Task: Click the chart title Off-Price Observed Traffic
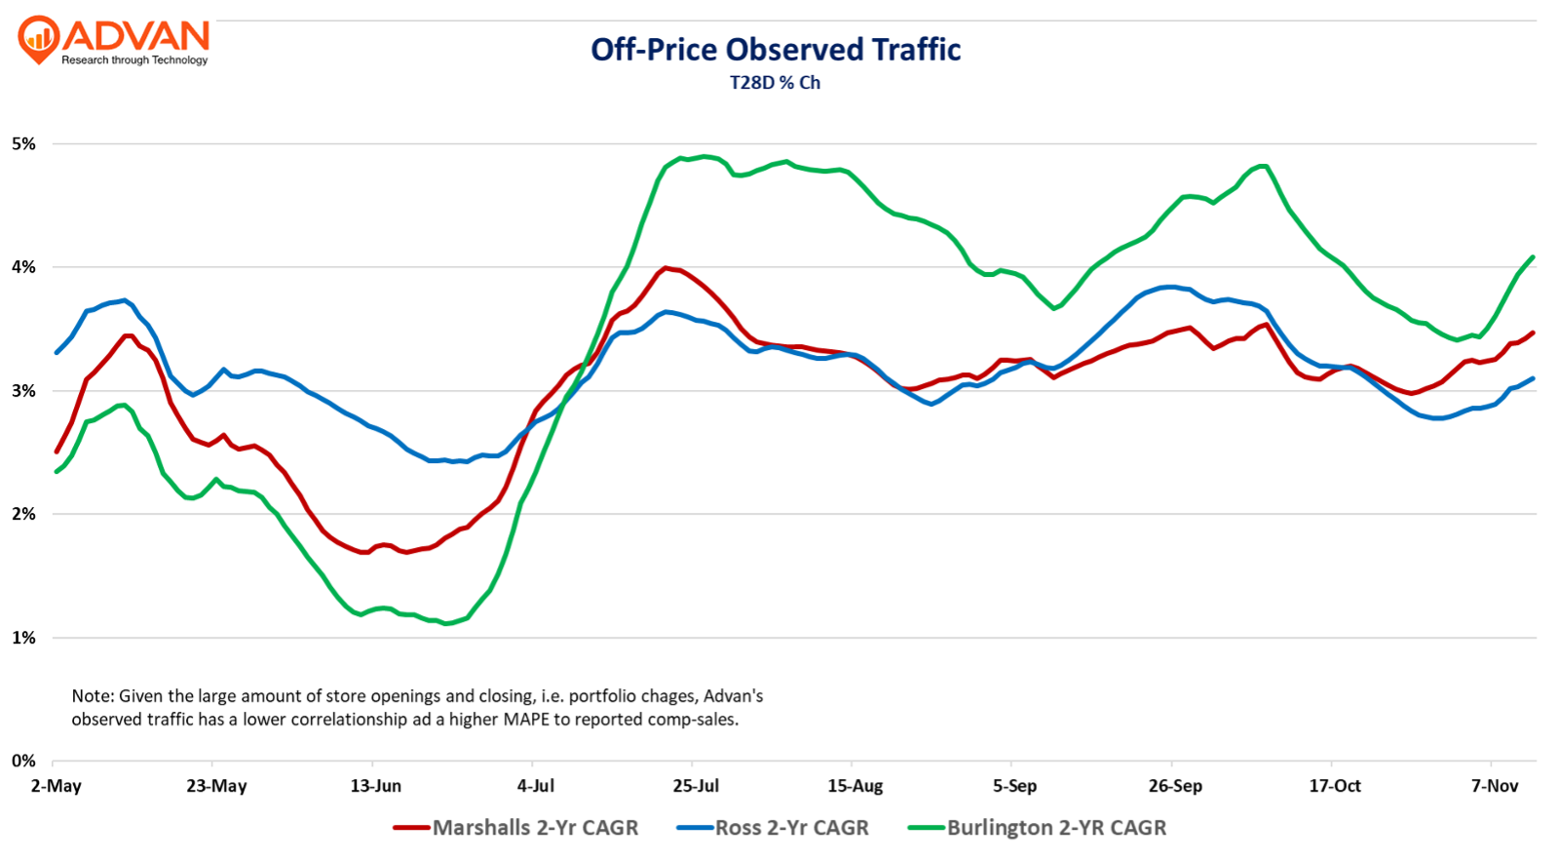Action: (x=776, y=50)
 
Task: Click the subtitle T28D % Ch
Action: (x=776, y=83)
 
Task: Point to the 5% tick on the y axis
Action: (x=23, y=144)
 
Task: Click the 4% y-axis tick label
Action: (x=23, y=267)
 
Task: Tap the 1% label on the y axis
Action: (x=23, y=638)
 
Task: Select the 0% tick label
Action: (x=23, y=761)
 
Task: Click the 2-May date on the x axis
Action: (x=57, y=786)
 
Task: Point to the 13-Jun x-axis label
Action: (x=376, y=786)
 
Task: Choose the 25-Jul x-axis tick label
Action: (x=696, y=786)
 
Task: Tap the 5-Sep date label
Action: (x=1015, y=786)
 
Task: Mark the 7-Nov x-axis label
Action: (x=1495, y=786)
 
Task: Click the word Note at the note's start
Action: (x=92, y=696)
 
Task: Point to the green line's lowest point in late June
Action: (x=446, y=623)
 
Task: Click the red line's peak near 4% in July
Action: (x=665, y=267)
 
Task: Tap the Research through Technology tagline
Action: (x=134, y=60)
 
